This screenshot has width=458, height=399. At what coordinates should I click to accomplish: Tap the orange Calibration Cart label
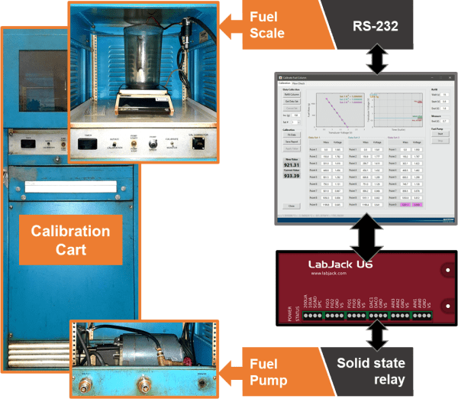pyautogui.click(x=70, y=239)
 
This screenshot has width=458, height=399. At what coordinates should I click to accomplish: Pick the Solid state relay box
pyautogui.click(x=375, y=369)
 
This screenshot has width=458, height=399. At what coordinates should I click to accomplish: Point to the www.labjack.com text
pyautogui.click(x=335, y=278)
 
